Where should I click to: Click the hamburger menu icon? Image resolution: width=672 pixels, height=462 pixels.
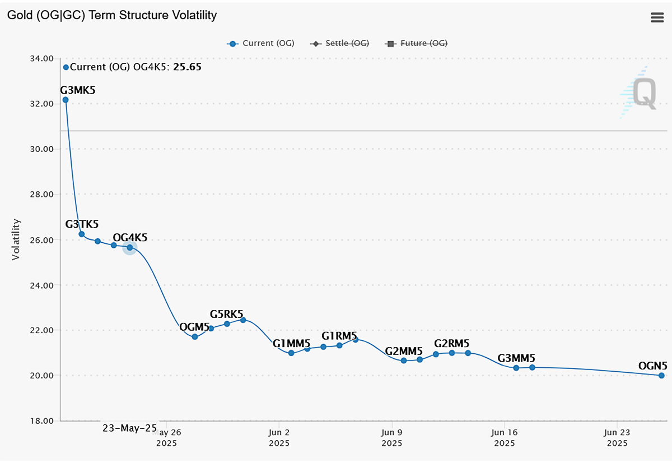click(x=657, y=17)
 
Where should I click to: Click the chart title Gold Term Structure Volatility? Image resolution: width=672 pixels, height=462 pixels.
click(x=111, y=15)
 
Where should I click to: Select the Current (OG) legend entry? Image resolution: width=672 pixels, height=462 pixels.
click(x=261, y=43)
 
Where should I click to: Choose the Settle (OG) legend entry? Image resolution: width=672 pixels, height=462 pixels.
click(x=340, y=43)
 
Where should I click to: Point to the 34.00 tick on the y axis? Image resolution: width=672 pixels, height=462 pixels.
click(x=41, y=59)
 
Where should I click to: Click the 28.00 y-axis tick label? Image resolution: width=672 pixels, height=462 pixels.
click(x=41, y=195)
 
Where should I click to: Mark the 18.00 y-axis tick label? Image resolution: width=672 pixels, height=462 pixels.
click(x=41, y=421)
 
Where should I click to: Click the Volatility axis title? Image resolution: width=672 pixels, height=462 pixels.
click(x=16, y=239)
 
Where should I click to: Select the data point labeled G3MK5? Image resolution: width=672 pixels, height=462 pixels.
click(x=66, y=100)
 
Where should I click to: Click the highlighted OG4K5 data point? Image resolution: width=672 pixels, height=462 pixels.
click(x=129, y=247)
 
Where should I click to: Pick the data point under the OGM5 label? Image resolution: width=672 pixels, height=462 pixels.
click(x=195, y=337)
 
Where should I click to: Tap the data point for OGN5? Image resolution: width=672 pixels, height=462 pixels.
click(x=661, y=376)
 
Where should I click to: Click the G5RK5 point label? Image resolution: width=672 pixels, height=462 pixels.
click(x=226, y=314)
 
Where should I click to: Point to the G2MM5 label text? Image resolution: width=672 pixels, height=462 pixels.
click(x=403, y=352)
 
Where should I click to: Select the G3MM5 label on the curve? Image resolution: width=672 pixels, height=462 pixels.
click(x=516, y=358)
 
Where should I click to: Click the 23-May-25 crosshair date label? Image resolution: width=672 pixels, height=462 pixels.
click(x=129, y=428)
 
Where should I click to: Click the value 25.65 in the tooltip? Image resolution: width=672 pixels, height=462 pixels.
click(x=187, y=67)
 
